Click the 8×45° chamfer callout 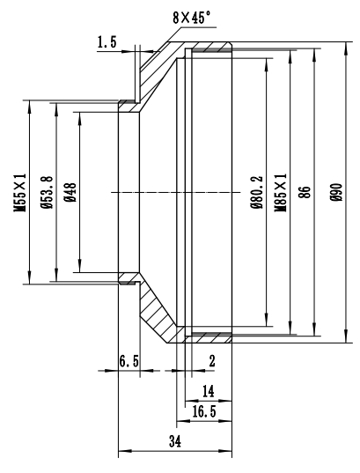point(192,18)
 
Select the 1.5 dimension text point(107,42)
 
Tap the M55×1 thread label point(20,192)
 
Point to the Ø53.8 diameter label point(47,192)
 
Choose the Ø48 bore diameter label point(70,192)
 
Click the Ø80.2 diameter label point(257,192)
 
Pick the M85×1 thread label point(281,192)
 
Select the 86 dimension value point(305,192)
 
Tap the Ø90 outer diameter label point(336,192)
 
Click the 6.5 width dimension point(129,361)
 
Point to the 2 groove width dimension point(212,361)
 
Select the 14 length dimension point(208,392)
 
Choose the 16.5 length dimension point(204,411)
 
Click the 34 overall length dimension point(175,441)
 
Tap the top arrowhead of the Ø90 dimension point(346,48)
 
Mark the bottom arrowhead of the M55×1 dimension point(29,277)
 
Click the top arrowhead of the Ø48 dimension point(80,118)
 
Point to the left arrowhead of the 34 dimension point(124,451)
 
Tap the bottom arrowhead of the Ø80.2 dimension point(267,321)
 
